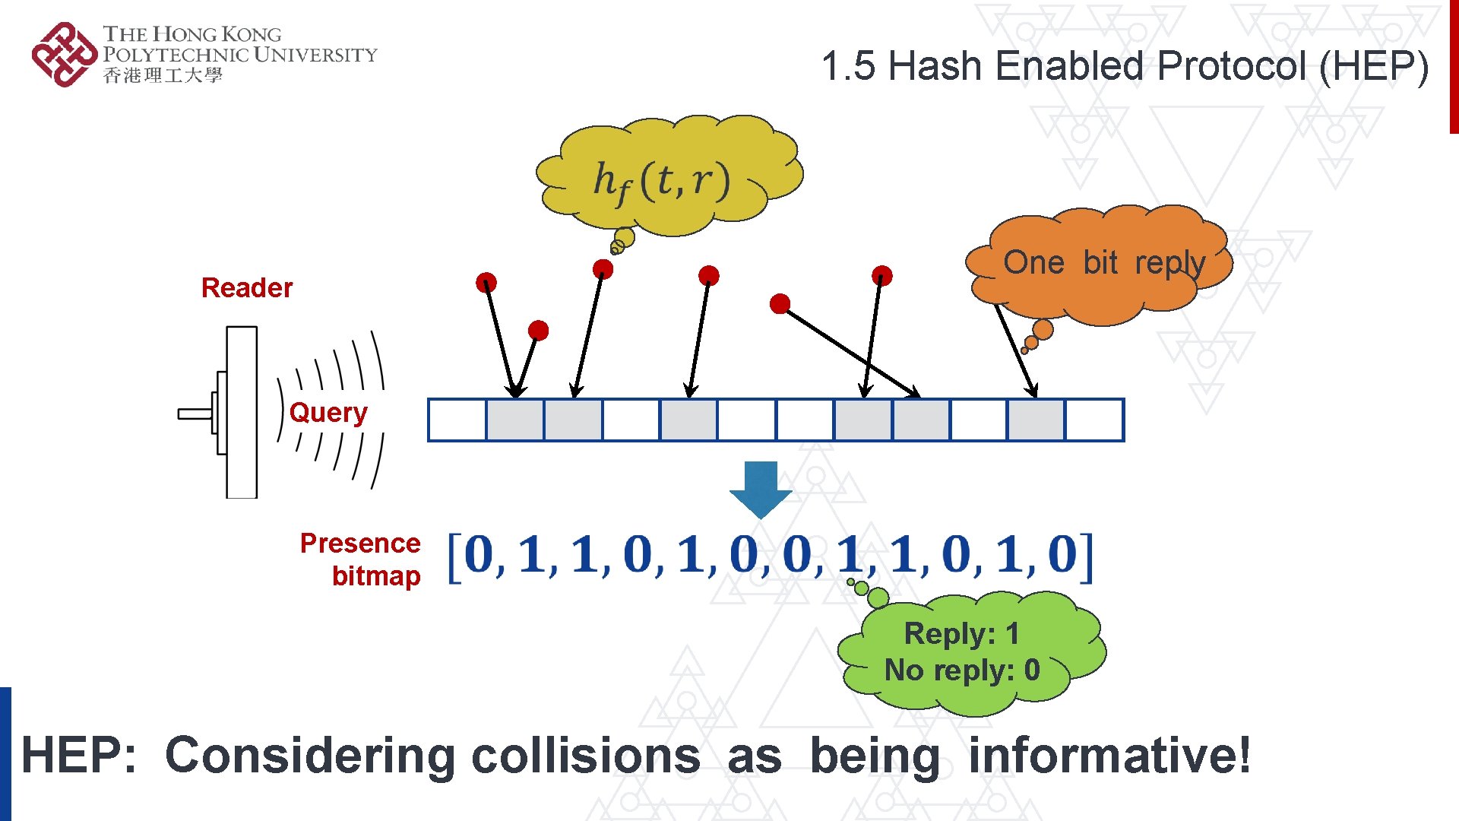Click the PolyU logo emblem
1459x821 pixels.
pos(65,55)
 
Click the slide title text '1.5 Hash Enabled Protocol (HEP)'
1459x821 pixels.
pos(1125,66)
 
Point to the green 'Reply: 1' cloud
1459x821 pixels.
pos(965,654)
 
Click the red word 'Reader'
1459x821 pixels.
pos(247,288)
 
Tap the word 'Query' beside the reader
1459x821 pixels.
pos(328,413)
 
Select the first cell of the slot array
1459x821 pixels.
pos(457,420)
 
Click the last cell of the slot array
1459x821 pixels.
pos(1094,420)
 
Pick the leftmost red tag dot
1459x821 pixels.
pos(486,283)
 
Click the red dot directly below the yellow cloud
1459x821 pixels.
pos(603,268)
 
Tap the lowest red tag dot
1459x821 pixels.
pos(538,330)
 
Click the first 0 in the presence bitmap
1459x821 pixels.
pos(479,554)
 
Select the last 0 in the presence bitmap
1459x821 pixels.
pos(1062,554)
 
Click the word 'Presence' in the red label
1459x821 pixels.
pos(360,544)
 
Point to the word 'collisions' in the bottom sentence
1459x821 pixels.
pos(585,756)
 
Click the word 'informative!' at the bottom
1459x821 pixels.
pos(1109,756)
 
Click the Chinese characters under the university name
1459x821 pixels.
pos(163,75)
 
